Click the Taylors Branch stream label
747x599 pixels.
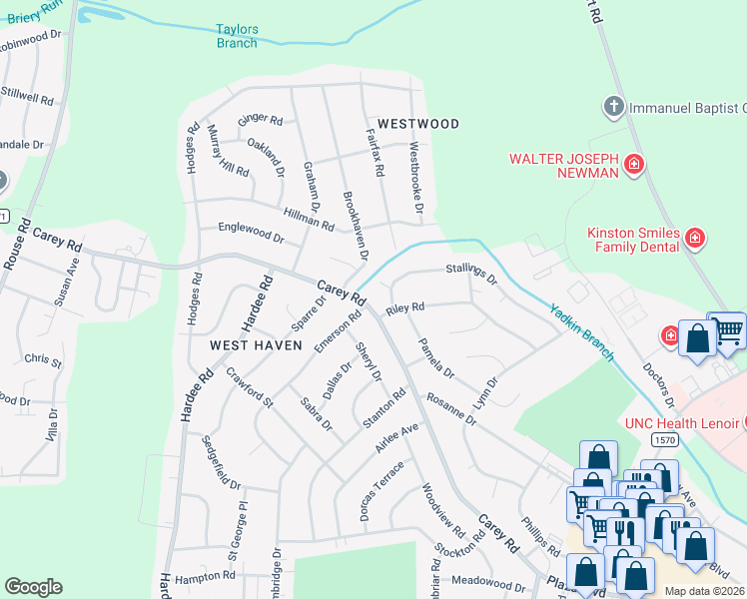(x=237, y=37)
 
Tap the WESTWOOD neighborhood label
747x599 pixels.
(x=419, y=124)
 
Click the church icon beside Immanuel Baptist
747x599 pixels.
(x=614, y=106)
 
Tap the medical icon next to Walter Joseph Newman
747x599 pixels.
(x=633, y=165)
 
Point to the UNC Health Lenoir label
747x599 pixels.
(x=682, y=423)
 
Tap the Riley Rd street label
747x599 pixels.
(x=405, y=307)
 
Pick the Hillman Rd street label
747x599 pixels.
(x=309, y=220)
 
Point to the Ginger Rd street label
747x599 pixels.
(x=260, y=121)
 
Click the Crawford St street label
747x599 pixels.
(x=249, y=388)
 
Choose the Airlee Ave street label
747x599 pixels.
(x=395, y=438)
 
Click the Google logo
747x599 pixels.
(x=33, y=587)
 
